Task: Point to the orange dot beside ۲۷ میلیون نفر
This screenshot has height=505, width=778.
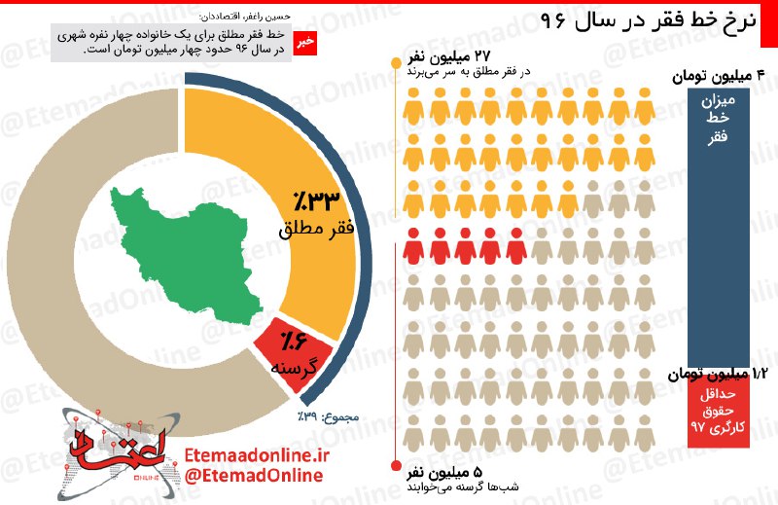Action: tap(396, 65)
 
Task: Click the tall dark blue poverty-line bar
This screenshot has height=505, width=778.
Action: tap(718, 224)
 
